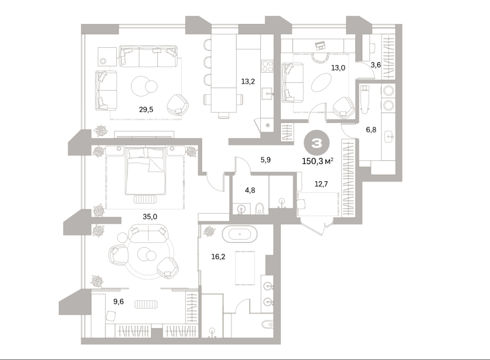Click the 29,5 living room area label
[146, 109]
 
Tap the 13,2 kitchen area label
[248, 81]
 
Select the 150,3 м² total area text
[318, 161]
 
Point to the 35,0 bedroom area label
[150, 217]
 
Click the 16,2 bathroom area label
[218, 257]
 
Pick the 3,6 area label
[375, 65]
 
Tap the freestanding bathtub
[240, 234]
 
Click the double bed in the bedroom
[145, 171]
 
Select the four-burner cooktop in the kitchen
[267, 66]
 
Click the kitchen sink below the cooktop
[267, 93]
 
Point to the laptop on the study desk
[320, 45]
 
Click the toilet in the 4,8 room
[260, 208]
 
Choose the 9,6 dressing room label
[119, 301]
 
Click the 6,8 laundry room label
[371, 130]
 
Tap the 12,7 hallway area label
[321, 184]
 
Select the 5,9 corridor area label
[266, 160]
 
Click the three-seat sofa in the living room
[148, 56]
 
